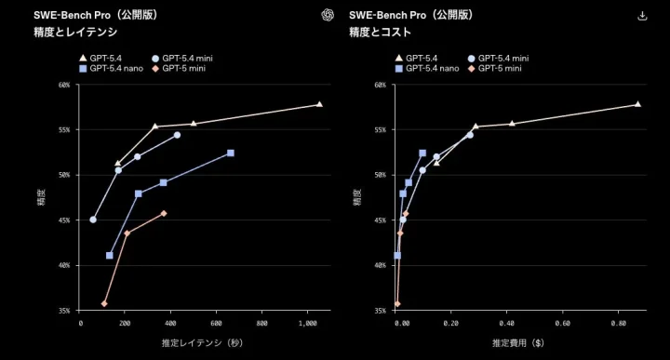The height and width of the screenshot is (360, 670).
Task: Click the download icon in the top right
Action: coord(641,15)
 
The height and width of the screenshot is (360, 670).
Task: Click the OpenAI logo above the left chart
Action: coord(327,15)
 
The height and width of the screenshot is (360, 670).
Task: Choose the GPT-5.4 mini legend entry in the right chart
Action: coord(499,58)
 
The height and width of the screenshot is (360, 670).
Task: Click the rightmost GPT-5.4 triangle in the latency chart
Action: coord(319,104)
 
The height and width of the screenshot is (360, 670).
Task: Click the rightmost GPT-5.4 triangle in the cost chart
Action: coord(637,104)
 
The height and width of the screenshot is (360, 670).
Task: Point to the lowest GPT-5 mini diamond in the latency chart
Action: coord(104,303)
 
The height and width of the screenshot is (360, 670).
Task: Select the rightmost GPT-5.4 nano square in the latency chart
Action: coord(231,153)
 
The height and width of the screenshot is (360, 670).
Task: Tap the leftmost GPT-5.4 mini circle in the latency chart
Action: coord(93,220)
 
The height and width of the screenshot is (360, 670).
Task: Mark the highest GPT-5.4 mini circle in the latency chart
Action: coord(177,135)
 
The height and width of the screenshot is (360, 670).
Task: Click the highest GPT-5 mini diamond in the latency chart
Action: coord(164,213)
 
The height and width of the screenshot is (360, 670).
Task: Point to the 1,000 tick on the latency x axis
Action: coord(307,323)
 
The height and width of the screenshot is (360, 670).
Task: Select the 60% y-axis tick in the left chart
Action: coord(64,85)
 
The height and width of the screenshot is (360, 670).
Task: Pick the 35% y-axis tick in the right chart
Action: coord(381,310)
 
